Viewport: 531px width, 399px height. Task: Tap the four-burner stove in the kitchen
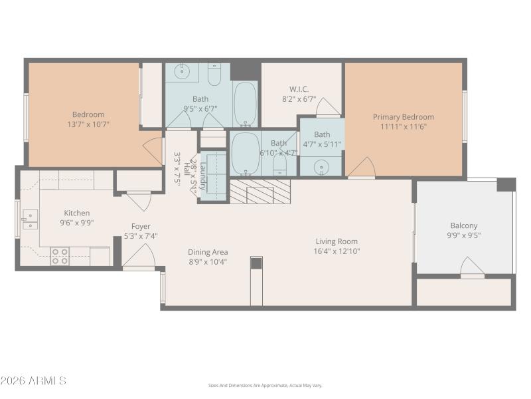pyautogui.click(x=60, y=256)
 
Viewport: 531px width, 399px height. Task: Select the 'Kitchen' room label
pyautogui.click(x=76, y=213)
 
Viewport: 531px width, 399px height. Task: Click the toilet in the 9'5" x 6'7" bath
pyautogui.click(x=214, y=76)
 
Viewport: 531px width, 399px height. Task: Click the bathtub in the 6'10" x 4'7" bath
pyautogui.click(x=245, y=154)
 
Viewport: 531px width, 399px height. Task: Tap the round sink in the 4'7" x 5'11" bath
pyautogui.click(x=322, y=166)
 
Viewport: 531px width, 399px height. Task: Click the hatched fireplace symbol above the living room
pyautogui.click(x=260, y=192)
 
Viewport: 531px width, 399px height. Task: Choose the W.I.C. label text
pyautogui.click(x=299, y=89)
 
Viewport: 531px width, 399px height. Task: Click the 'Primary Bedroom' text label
pyautogui.click(x=403, y=116)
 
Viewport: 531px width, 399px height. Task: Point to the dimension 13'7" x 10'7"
pyautogui.click(x=88, y=124)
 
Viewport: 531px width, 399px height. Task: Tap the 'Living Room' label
pyautogui.click(x=336, y=241)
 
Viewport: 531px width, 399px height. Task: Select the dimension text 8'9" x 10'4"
pyautogui.click(x=208, y=261)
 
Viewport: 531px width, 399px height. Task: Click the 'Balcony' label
pyautogui.click(x=463, y=225)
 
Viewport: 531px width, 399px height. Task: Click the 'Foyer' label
pyautogui.click(x=140, y=226)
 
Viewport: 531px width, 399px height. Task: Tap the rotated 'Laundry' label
pyautogui.click(x=204, y=176)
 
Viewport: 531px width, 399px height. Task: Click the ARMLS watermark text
pyautogui.click(x=33, y=381)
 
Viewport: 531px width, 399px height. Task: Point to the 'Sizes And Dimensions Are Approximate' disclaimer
pyautogui.click(x=265, y=385)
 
